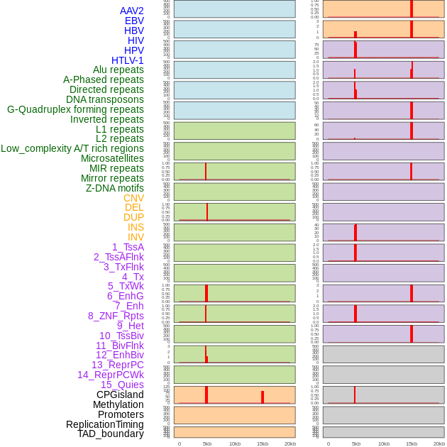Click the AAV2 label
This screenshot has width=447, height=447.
click(131, 11)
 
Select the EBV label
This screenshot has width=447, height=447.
click(134, 21)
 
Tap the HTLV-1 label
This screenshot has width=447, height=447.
click(127, 60)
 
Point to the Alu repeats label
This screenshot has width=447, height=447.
click(118, 70)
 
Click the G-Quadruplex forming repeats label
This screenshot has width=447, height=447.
click(75, 109)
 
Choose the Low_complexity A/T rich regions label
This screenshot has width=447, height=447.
click(72, 148)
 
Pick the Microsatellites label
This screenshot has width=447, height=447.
click(112, 158)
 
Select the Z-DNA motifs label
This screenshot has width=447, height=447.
click(114, 188)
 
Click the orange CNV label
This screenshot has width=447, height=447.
click(133, 198)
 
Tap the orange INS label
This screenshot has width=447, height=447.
click(136, 227)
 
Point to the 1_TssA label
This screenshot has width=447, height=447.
click(128, 247)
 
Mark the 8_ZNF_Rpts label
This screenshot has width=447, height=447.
click(116, 316)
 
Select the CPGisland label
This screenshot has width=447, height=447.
click(120, 394)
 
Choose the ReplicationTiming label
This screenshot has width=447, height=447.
click(104, 424)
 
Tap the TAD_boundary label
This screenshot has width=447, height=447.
click(110, 434)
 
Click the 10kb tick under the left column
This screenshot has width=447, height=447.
click(235, 443)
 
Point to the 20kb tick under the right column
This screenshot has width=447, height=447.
click(439, 443)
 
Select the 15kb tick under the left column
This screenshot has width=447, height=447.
click(263, 443)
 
